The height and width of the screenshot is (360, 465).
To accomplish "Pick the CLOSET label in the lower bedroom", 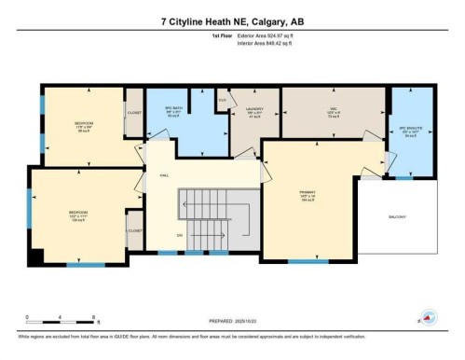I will click(135, 229).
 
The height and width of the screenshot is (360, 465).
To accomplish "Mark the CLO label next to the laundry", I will click(223, 99).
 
